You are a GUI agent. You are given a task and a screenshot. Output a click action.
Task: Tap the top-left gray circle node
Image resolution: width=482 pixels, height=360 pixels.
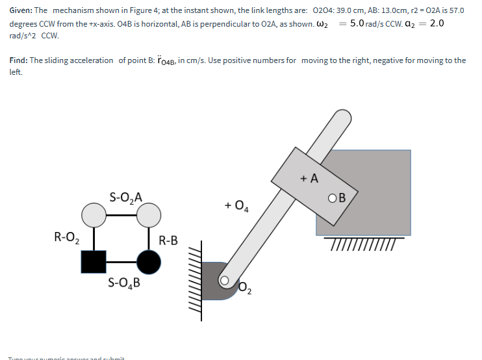94,214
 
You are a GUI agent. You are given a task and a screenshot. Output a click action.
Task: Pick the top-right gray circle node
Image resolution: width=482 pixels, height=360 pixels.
149,214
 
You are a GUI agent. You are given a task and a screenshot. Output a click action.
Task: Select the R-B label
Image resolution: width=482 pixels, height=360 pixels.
168,240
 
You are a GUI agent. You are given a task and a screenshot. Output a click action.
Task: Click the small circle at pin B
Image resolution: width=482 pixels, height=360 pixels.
333,198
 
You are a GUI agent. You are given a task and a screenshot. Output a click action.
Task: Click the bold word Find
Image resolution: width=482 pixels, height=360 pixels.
18,60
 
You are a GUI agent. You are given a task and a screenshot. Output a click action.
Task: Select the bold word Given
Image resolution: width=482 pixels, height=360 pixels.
21,12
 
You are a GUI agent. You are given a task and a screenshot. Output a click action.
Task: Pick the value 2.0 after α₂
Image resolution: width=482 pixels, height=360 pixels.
437,23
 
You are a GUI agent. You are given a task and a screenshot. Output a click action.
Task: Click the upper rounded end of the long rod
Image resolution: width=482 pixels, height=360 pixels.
343,120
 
